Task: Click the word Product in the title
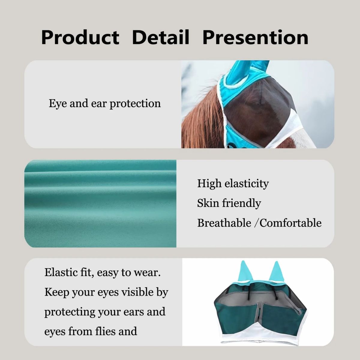tap(80, 37)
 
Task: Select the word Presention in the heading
tap(255, 37)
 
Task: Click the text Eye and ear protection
tap(105, 103)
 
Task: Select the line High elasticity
tap(233, 184)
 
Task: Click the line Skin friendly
tap(229, 203)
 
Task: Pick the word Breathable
tap(224, 223)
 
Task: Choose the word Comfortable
tap(290, 223)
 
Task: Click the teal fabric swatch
tap(100, 204)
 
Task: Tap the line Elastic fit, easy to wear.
tap(103, 273)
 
